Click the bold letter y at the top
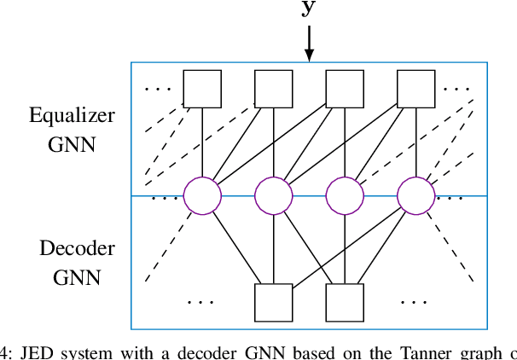[309, 9]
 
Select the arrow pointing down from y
[309, 43]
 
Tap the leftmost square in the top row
[202, 89]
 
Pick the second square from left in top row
[274, 89]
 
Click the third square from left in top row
[345, 89]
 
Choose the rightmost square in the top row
[416, 89]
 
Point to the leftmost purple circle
[202, 196]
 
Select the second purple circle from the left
[274, 196]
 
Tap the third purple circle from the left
[345, 196]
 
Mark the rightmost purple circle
[416, 196]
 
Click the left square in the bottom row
[274, 302]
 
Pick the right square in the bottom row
[345, 302]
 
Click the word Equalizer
[72, 116]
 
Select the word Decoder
[77, 249]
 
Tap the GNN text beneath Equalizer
[72, 143]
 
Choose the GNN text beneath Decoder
[77, 277]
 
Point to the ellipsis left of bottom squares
[200, 301]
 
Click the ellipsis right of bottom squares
[414, 301]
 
